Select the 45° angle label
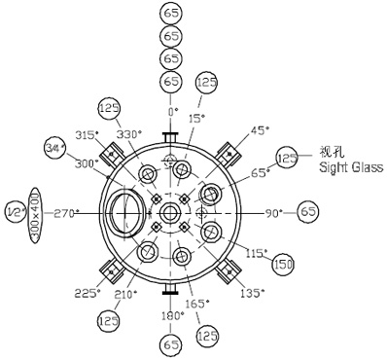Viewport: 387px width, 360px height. [x=259, y=128]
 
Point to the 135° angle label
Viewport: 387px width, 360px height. [x=252, y=291]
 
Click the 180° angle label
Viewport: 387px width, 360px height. [x=172, y=315]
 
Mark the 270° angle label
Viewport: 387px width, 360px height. [x=66, y=212]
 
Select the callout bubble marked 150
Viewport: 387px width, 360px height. [x=283, y=264]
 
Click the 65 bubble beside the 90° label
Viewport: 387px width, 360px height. [x=308, y=211]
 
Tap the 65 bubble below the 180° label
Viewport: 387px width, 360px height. [x=172, y=343]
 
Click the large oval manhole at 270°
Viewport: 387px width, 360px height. [x=123, y=213]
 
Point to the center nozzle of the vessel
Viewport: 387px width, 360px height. [x=171, y=212]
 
